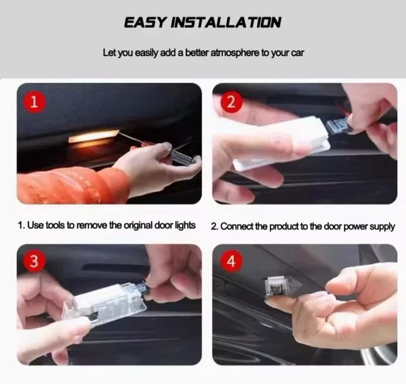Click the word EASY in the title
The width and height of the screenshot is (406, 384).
(x=145, y=22)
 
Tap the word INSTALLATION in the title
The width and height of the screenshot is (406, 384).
(x=226, y=22)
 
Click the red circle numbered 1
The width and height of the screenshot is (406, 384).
(x=34, y=102)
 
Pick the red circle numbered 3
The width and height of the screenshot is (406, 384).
(x=34, y=261)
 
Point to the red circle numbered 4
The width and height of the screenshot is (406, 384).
(x=231, y=261)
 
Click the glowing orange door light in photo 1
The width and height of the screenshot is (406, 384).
(x=93, y=136)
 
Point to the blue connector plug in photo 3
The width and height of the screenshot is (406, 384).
(x=143, y=288)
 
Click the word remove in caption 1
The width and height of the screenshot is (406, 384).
(x=91, y=225)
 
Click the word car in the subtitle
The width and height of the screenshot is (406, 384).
(x=298, y=53)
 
